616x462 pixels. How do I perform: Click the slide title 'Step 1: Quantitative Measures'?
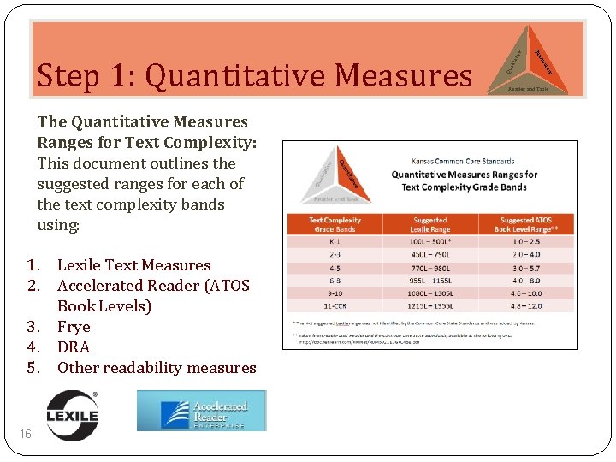(x=254, y=75)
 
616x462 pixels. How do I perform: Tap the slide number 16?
(x=26, y=435)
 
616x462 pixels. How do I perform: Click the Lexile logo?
(x=72, y=412)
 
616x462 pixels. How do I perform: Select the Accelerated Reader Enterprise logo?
(x=202, y=411)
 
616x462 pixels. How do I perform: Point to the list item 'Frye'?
(x=74, y=327)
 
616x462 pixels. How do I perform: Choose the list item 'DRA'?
(x=74, y=347)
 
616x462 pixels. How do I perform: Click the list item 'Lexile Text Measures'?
(x=133, y=265)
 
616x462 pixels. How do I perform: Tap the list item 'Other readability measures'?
(x=157, y=368)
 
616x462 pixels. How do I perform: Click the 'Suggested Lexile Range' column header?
(x=429, y=225)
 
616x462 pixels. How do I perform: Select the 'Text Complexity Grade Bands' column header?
(x=335, y=225)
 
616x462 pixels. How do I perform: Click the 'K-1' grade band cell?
(x=335, y=242)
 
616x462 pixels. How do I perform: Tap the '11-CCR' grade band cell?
(x=335, y=304)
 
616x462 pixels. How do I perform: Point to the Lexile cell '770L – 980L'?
(x=429, y=267)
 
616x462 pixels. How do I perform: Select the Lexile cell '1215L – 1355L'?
(x=429, y=304)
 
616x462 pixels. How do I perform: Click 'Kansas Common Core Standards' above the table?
(x=463, y=161)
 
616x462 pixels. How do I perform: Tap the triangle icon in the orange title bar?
(x=527, y=59)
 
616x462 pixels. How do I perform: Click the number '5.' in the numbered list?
(x=34, y=368)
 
